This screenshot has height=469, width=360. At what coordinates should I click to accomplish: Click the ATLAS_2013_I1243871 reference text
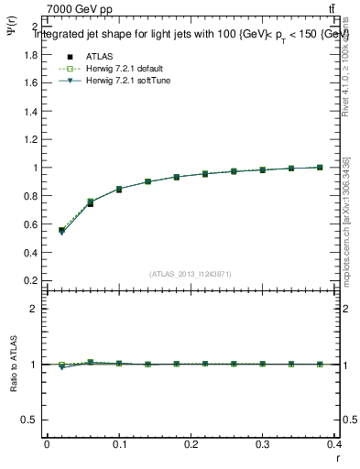tap(191, 274)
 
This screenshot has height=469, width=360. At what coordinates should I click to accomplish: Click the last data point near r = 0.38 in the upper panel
tap(320, 168)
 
